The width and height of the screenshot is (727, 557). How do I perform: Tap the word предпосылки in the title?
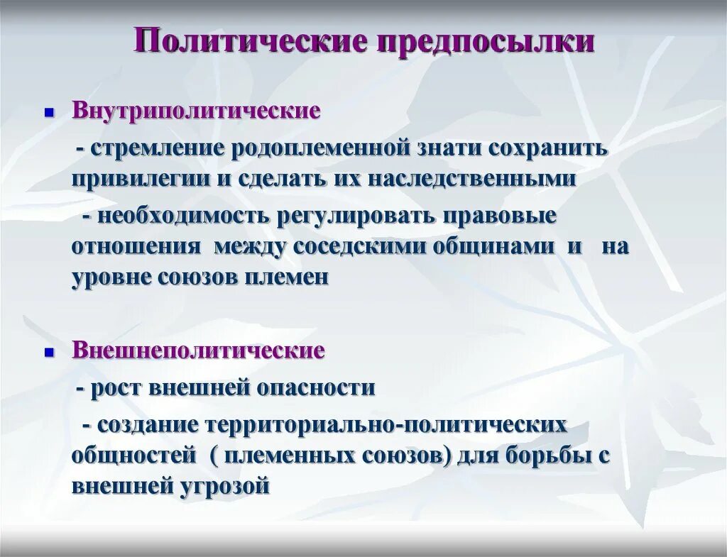(486, 42)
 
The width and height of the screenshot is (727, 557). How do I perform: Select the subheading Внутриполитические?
(196, 112)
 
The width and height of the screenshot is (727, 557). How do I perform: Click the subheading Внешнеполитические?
(198, 351)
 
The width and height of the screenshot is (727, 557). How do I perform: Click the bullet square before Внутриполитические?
(50, 114)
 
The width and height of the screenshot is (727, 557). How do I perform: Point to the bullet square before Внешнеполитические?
(50, 352)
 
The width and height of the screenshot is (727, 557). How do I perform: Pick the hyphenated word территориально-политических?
(386, 425)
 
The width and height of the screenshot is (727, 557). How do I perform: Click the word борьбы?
(554, 455)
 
